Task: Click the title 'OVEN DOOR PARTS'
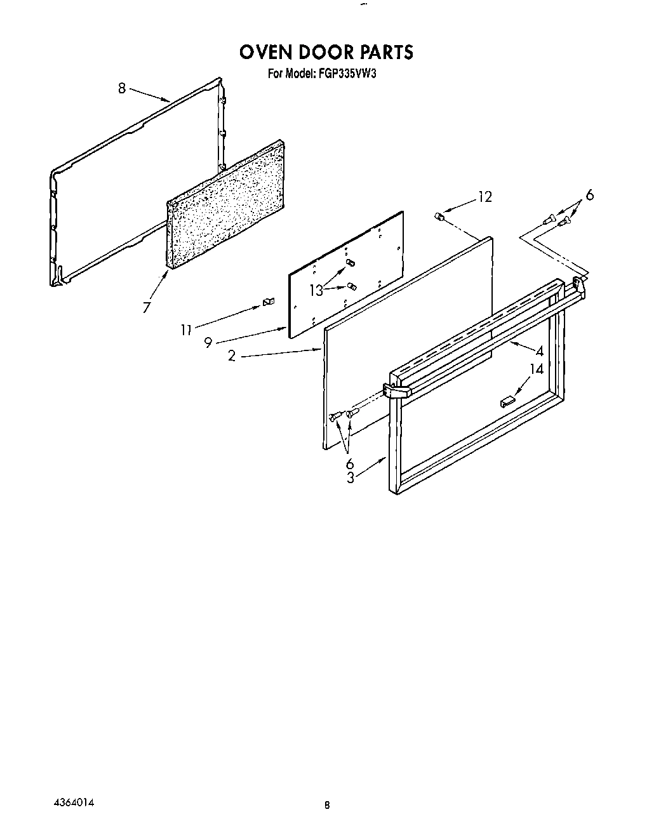pos(326,51)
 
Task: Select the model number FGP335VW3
pos(349,74)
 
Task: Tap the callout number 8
pos(122,88)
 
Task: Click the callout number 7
pos(147,307)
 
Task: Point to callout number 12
pos(484,197)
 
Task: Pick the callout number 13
pos(316,290)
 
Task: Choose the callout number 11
pos(185,329)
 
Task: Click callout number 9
pos(208,343)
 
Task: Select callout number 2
pos(232,356)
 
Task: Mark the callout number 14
pos(537,369)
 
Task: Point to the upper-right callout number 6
pos(589,196)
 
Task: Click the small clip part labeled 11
pos(267,303)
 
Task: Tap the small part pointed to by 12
pos(438,217)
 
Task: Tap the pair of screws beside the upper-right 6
pos(556,220)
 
